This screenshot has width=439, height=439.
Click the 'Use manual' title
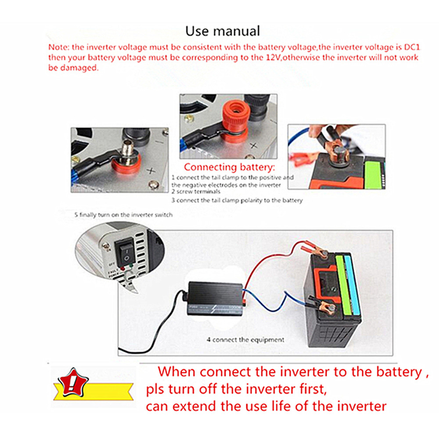point(222,31)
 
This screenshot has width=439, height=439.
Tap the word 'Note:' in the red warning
point(58,47)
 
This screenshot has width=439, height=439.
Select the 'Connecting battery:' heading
point(229,167)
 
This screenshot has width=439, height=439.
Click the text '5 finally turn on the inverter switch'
point(123,215)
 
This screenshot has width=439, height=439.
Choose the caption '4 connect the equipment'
point(245,339)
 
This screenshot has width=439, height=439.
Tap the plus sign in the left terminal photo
point(151,172)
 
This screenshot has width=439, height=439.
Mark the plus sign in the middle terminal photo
point(253,146)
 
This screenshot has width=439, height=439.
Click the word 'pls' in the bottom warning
point(155,389)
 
